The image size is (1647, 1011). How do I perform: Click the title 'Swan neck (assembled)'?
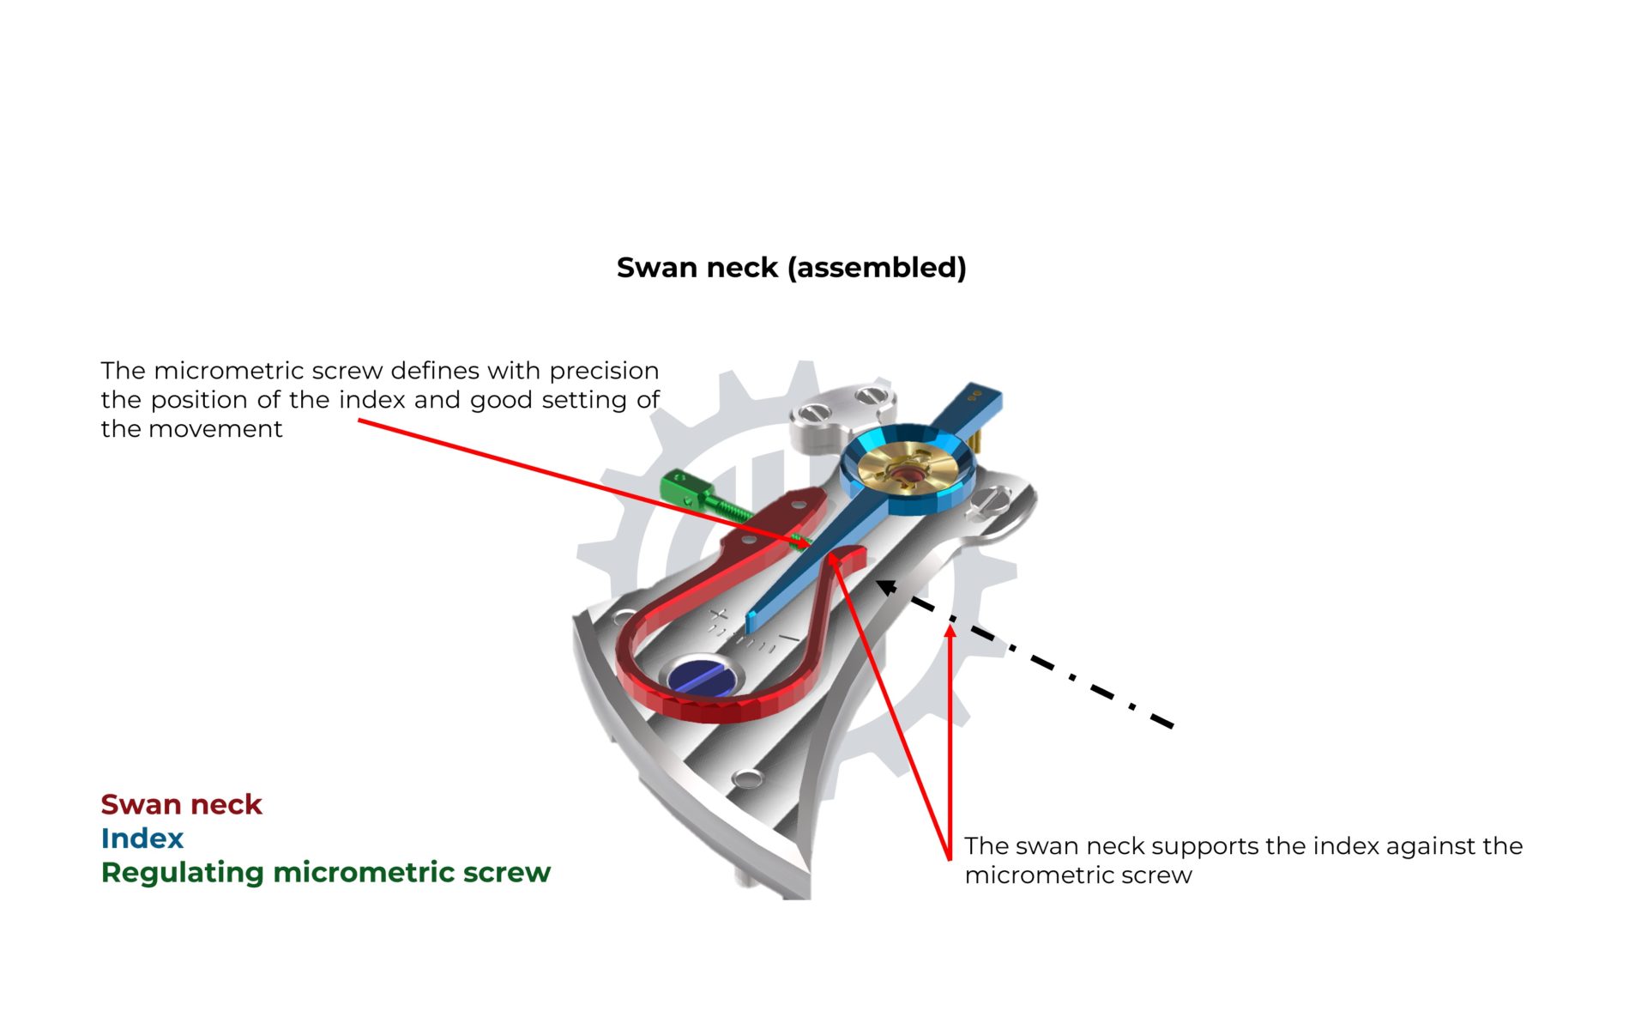coord(791,268)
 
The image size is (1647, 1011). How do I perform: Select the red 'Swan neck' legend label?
coord(181,804)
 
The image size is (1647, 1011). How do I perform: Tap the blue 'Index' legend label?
coord(142,838)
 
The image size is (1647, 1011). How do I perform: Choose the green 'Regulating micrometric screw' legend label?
coord(326,873)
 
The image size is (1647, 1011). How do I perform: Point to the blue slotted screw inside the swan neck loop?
coord(702,676)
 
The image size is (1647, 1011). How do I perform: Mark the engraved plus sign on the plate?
coord(719,615)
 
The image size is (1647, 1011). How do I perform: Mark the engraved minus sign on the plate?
coord(788,640)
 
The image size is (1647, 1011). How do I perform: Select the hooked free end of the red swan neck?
coord(849,556)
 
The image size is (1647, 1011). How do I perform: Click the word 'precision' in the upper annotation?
coord(604,372)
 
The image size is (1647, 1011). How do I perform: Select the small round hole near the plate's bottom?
coord(748,778)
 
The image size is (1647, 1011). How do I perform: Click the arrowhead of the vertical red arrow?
coord(950,632)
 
